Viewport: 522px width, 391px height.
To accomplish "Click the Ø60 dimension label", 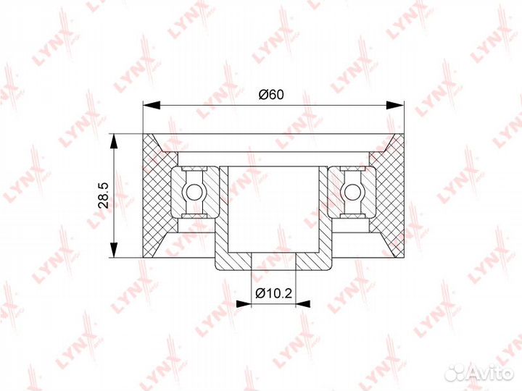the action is (x=272, y=95).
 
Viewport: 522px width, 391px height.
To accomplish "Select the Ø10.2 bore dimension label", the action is (x=273, y=293).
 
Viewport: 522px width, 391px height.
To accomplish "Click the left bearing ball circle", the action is (x=193, y=193).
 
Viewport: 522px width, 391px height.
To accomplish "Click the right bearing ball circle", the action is (x=351, y=193).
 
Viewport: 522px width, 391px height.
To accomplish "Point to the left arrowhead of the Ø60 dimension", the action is (x=152, y=106).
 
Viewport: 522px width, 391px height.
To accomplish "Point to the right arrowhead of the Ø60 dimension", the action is (x=395, y=106).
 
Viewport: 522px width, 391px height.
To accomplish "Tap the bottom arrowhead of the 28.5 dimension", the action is (x=115, y=248).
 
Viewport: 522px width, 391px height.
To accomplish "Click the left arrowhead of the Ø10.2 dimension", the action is (x=243, y=303).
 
